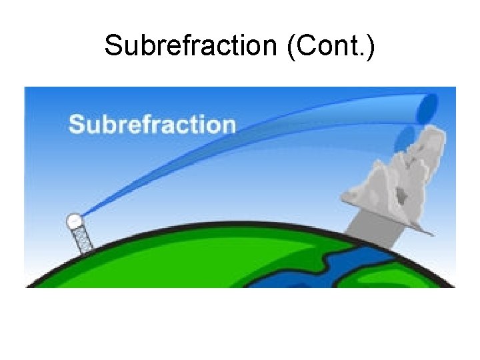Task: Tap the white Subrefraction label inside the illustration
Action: pos(152,125)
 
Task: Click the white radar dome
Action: pos(74,220)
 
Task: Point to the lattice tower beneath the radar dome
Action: pos(83,239)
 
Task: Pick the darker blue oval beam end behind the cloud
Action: pos(404,141)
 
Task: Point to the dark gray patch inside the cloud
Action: pos(401,195)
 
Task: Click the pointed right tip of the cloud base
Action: pos(433,235)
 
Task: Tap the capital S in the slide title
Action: pos(114,46)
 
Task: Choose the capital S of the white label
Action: pos(75,125)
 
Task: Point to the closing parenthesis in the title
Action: pos(371,46)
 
